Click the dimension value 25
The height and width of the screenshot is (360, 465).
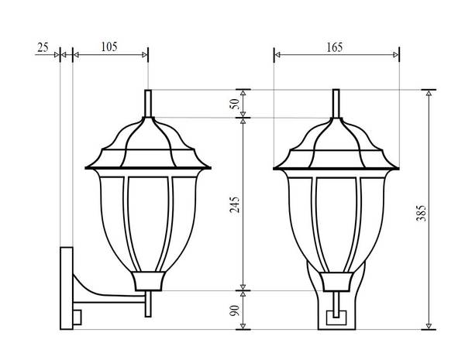43,47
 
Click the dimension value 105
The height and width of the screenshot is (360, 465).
109,46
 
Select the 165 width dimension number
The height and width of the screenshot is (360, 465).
335,47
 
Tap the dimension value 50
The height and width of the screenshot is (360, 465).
235,104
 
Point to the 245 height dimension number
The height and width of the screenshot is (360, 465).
235,204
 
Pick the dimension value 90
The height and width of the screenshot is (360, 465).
235,310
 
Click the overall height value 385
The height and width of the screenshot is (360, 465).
421,213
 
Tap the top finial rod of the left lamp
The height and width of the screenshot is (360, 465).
148,104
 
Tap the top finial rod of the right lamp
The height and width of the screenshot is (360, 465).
336,104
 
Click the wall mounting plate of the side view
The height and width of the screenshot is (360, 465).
67,288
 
